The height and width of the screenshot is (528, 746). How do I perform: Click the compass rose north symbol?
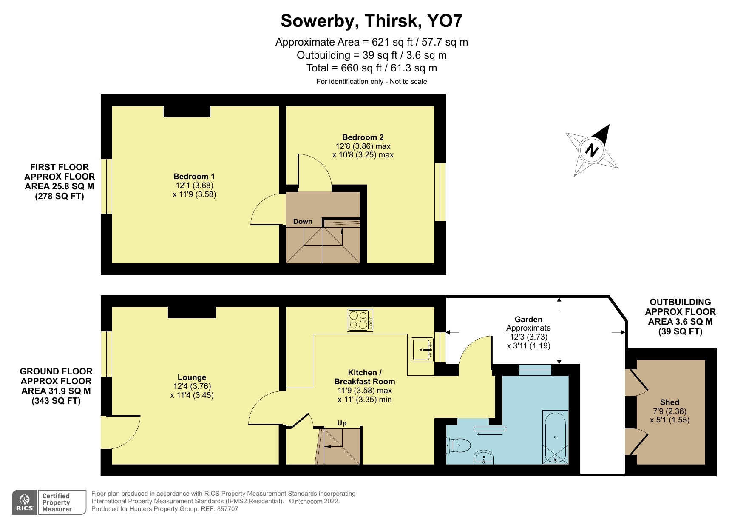(x=591, y=150)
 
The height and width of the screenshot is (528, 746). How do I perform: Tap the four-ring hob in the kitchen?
(x=360, y=320)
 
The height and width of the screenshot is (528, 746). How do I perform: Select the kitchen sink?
(x=422, y=350)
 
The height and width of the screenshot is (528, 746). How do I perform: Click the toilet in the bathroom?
(x=459, y=445)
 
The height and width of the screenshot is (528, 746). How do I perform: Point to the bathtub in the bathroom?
(x=555, y=437)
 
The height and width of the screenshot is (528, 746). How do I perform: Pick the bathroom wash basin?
(x=483, y=458)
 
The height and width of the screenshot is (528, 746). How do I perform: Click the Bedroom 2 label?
(x=363, y=137)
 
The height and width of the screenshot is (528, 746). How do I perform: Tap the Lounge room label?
(x=192, y=377)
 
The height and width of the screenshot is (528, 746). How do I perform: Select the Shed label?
(x=669, y=402)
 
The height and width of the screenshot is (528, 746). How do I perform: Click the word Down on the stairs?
(x=303, y=221)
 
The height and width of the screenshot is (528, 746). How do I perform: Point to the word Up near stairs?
(x=342, y=423)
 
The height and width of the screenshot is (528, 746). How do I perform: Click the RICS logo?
(x=25, y=502)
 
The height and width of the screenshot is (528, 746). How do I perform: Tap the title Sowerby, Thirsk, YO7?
(x=372, y=20)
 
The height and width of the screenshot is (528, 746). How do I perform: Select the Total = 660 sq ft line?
(x=372, y=68)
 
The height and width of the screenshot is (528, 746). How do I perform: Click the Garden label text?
(x=528, y=319)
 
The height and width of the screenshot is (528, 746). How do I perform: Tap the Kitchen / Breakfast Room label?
(x=364, y=377)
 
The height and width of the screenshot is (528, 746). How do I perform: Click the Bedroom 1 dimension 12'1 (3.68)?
(x=194, y=186)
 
